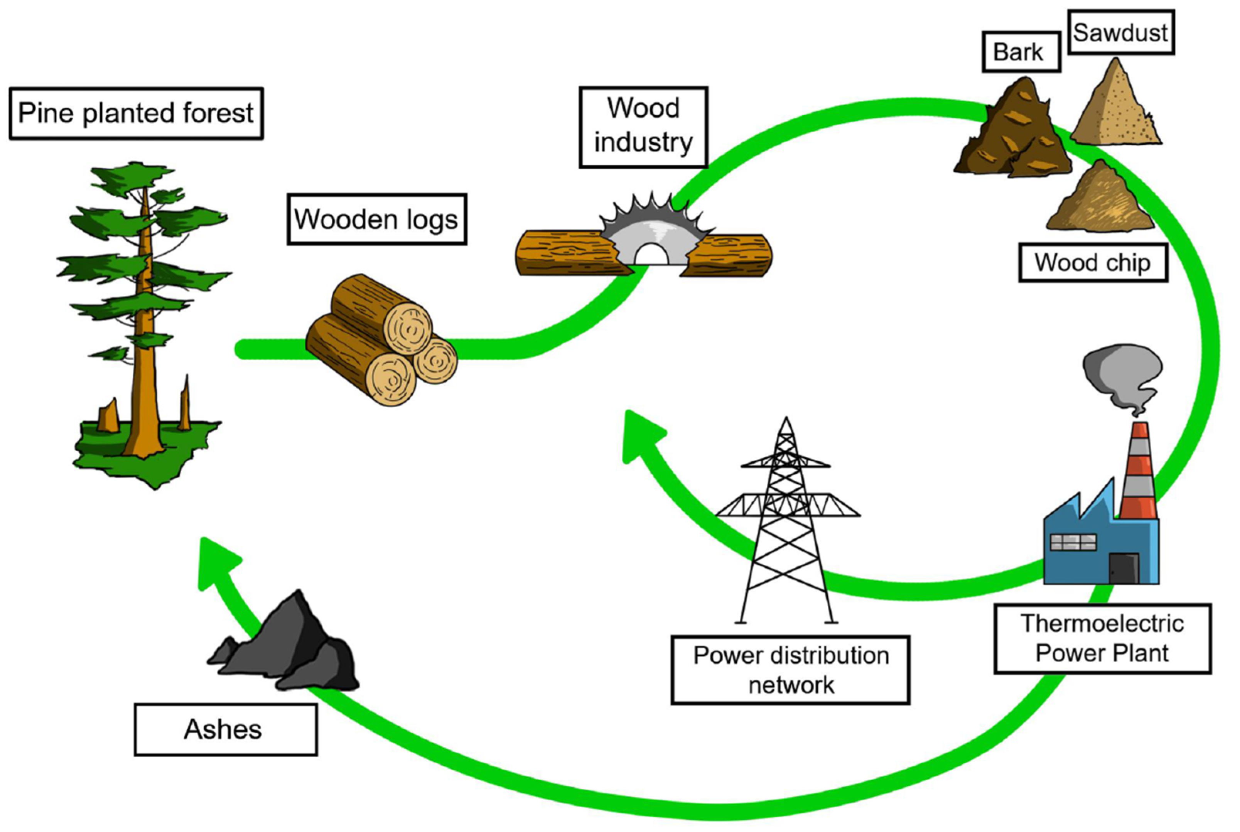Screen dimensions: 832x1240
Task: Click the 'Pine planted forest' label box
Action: [x=136, y=113]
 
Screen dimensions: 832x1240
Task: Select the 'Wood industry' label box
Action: [x=643, y=127]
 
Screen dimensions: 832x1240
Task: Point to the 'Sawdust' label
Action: [x=1120, y=32]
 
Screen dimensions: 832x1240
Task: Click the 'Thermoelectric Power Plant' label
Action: [x=1102, y=638]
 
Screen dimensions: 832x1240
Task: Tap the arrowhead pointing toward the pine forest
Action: [x=215, y=562]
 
